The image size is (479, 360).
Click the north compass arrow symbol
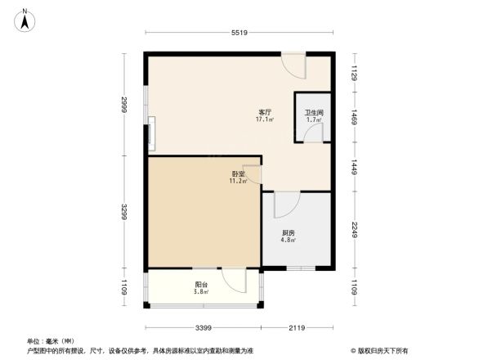[x=27, y=19]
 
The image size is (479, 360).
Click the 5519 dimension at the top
[x=239, y=33]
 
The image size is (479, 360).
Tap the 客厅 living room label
[x=265, y=112]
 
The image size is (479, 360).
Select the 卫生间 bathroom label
[x=315, y=113]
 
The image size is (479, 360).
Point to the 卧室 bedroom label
[x=238, y=173]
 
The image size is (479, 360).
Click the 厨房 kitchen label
[x=289, y=233]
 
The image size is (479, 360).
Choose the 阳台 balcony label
[x=200, y=284]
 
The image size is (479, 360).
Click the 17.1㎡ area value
[x=265, y=119]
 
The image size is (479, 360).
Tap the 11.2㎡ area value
[x=238, y=181]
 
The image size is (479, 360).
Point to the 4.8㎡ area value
[x=289, y=241]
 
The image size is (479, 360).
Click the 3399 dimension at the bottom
[x=204, y=327]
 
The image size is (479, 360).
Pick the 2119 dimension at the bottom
[x=297, y=327]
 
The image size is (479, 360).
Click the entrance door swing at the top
[x=293, y=65]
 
